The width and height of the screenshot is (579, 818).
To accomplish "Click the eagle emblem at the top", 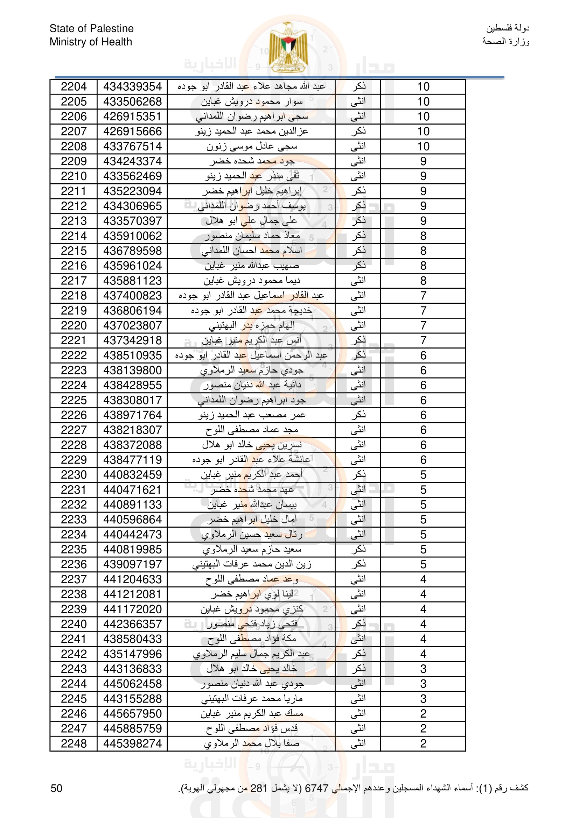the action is tap(288, 47).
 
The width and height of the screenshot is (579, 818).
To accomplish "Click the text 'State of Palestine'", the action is tap(92, 28).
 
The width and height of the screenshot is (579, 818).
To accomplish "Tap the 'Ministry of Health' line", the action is tap(91, 42).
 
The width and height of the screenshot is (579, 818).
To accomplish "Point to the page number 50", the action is tap(56, 788).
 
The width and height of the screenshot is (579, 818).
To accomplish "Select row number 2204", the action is tap(74, 86).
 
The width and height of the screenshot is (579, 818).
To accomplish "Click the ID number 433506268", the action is tap(132, 101).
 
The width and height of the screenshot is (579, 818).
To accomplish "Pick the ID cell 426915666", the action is tap(132, 132).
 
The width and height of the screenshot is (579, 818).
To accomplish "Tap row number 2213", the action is tap(74, 221).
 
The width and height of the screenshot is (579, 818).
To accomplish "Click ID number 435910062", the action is tap(132, 236).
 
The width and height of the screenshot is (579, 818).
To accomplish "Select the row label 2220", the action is tap(74, 326).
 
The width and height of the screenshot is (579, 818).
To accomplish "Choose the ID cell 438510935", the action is tap(132, 355).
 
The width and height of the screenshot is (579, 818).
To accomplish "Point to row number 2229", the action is tap(74, 460).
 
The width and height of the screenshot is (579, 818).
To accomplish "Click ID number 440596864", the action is tap(132, 520).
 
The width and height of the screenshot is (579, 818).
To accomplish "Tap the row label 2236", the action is tap(74, 564).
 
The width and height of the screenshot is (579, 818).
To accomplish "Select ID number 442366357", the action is tap(132, 624).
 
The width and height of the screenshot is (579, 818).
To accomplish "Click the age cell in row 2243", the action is tap(423, 669).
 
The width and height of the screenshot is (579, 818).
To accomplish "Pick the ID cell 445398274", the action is tap(132, 743).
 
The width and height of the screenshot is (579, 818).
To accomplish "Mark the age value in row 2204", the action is tap(423, 86).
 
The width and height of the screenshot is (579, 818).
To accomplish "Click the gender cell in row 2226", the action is tap(358, 415).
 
